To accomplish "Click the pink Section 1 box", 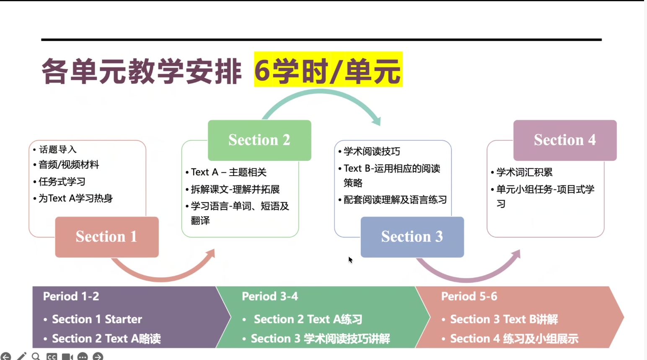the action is point(107,237).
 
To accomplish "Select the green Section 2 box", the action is point(259,140).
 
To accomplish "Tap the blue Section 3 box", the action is point(412,237).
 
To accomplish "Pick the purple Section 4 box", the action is point(565,140).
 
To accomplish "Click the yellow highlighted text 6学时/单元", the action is point(328,69).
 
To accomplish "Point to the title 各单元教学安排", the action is point(142,71).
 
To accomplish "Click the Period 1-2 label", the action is point(71,296).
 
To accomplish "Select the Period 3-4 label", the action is point(270,296).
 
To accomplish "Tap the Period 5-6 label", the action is point(469,296).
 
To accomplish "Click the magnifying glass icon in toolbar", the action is point(36,357).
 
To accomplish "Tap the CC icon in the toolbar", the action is point(52,357).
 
